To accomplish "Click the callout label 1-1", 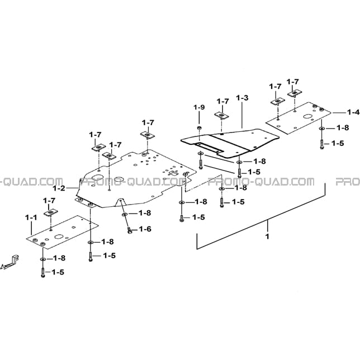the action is (31, 217).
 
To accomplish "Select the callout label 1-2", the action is (59, 188).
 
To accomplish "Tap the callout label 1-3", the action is (242, 98).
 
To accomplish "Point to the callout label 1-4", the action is (353, 112).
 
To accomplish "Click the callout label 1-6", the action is (145, 229).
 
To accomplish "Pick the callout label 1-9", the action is (199, 107).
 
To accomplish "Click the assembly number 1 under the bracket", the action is (267, 236).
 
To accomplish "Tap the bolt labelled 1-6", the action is (130, 230).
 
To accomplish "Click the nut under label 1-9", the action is (199, 127).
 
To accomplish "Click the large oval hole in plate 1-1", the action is (59, 236).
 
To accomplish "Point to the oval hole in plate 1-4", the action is (307, 116).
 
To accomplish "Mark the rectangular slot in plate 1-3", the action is (209, 148).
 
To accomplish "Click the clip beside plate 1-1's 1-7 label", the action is (51, 213).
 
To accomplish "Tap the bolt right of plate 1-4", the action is (321, 144).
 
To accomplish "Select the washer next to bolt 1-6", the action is (125, 215).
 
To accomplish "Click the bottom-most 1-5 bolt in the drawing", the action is (43, 273).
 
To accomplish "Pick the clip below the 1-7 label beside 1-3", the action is (222, 116).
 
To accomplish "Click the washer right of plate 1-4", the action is (321, 129).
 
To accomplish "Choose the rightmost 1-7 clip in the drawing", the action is (295, 93).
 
